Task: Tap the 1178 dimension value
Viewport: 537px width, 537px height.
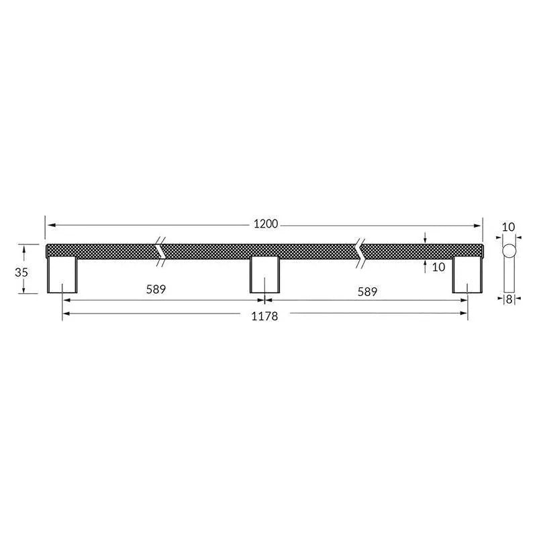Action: point(264,316)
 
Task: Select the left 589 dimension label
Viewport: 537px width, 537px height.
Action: point(155,290)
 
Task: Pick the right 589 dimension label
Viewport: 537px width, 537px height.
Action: point(367,291)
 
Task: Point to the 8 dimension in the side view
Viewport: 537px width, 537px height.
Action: point(509,300)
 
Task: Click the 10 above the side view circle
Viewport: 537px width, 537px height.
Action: point(509,227)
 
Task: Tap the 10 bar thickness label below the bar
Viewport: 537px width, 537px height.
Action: point(439,267)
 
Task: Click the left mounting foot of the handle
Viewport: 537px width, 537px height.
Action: point(62,275)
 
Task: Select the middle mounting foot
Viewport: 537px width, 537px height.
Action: point(265,275)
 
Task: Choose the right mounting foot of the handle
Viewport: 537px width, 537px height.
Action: point(467,275)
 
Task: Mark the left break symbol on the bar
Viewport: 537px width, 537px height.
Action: point(162,250)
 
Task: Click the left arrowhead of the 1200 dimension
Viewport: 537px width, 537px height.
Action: point(48,225)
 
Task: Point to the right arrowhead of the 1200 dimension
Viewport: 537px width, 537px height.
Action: point(479,225)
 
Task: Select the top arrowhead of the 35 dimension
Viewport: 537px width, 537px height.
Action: point(24,247)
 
